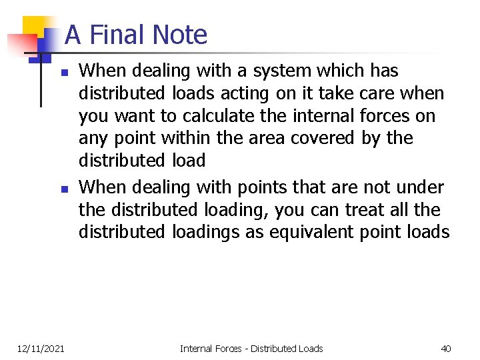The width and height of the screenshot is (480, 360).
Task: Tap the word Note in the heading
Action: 179,35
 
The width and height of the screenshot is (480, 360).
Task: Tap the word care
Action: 381,93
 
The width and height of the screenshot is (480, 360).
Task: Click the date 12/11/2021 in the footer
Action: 41,348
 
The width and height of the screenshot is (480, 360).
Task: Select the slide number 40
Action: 446,348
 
